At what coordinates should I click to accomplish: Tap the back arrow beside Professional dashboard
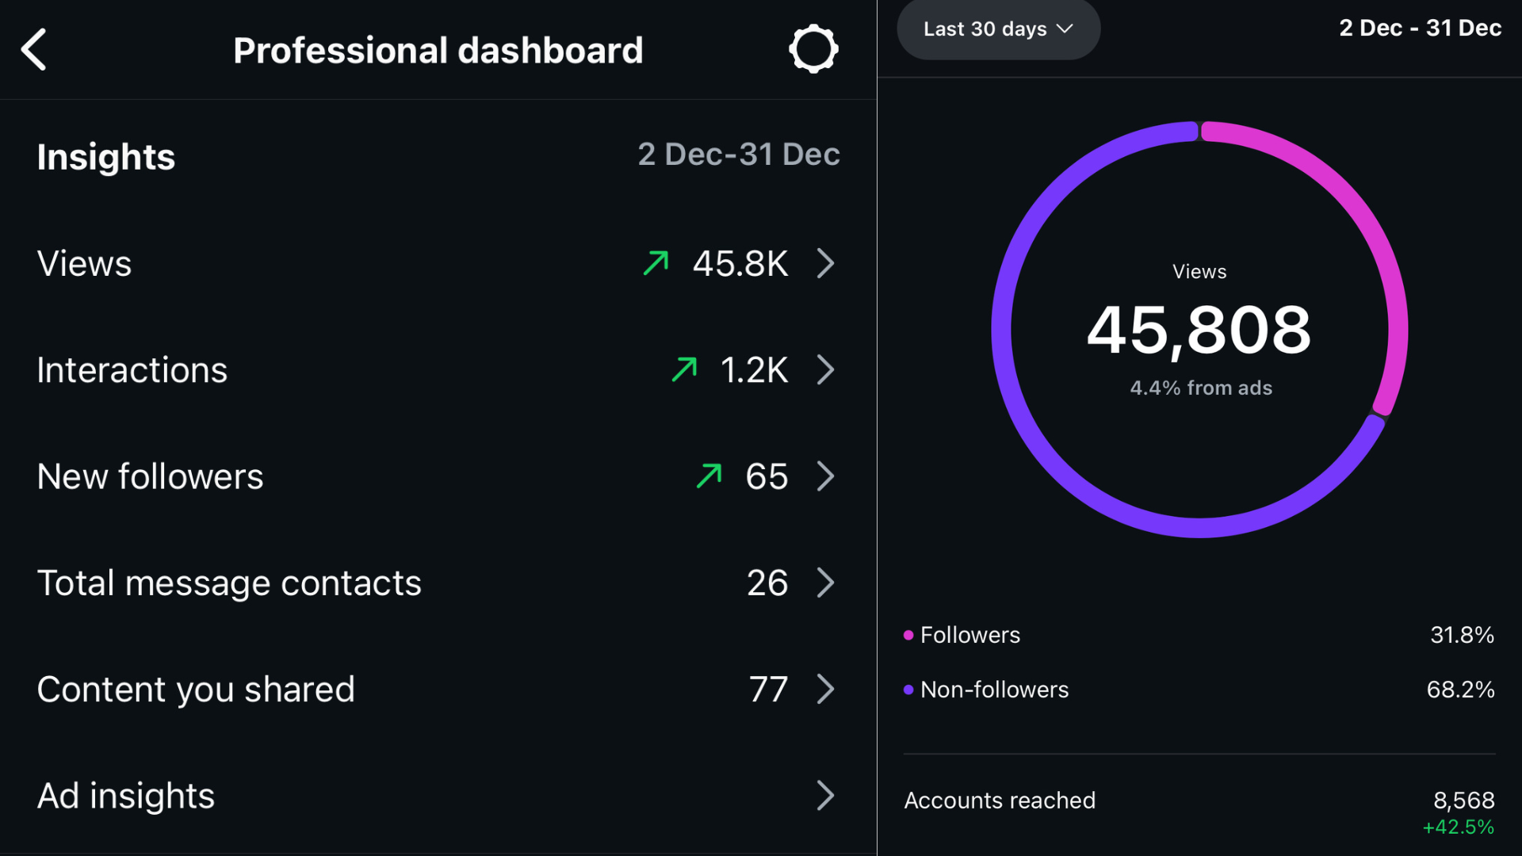point(34,50)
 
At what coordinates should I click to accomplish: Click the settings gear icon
point(813,50)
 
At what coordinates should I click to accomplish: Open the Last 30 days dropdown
point(997,29)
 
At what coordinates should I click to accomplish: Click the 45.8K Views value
point(740,264)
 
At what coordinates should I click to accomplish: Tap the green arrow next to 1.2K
point(684,369)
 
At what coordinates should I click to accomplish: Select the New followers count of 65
point(767,476)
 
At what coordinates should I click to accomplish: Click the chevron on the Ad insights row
point(825,796)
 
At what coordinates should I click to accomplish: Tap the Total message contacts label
point(229,583)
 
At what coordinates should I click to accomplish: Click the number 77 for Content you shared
point(768,690)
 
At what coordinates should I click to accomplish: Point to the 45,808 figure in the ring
point(1199,331)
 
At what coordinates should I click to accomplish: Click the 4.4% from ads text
point(1200,388)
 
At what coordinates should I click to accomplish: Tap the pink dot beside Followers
point(908,635)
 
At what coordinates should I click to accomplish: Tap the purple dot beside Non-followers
point(908,690)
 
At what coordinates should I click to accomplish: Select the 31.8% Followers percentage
point(1462,635)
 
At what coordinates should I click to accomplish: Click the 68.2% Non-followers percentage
point(1460,690)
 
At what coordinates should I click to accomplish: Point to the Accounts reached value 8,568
point(1463,800)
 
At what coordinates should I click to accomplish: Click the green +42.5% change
point(1458,827)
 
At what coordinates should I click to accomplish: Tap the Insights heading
point(106,157)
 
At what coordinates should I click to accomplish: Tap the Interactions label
point(132,370)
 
